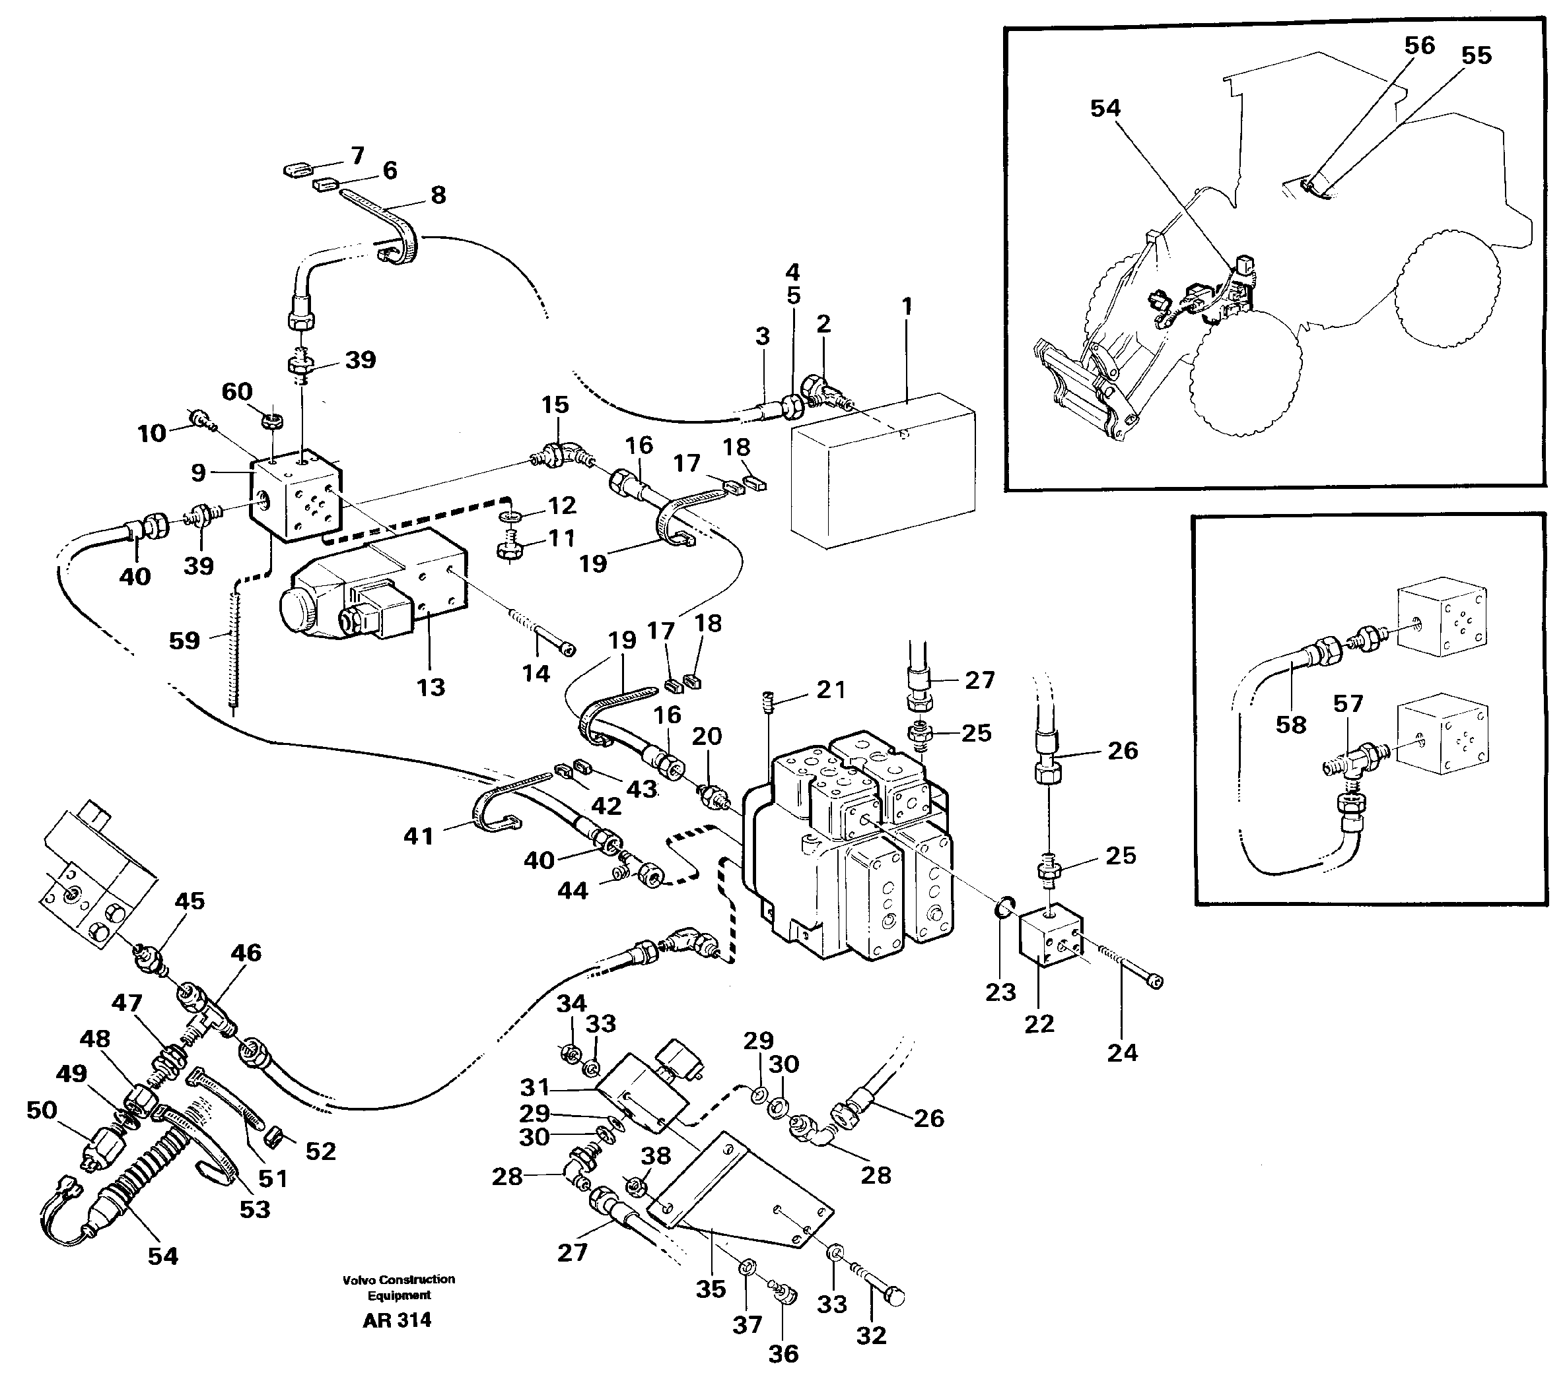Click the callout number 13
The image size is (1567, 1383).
tap(431, 688)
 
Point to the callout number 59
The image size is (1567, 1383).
tap(184, 640)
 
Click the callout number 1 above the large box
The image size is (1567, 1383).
tap(907, 306)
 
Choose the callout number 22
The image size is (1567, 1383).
tap(1039, 1023)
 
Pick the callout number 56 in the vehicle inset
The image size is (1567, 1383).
tap(1419, 46)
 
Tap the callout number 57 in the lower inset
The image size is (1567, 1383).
tap(1348, 703)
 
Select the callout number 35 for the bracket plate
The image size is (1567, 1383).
tap(711, 1289)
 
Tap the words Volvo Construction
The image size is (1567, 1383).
tap(399, 1279)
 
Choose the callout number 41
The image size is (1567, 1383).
tap(419, 836)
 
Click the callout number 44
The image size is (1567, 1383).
tap(572, 890)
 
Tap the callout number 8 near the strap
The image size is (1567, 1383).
tap(438, 195)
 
